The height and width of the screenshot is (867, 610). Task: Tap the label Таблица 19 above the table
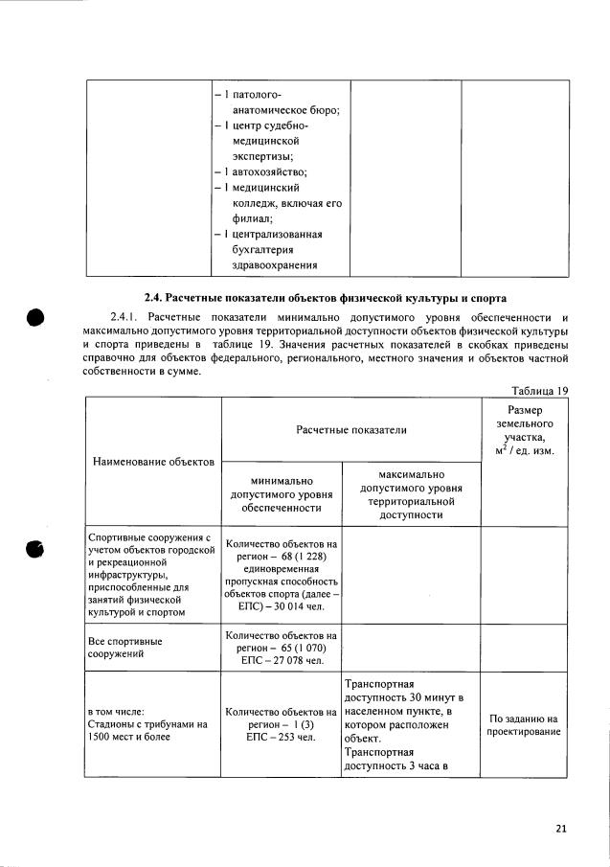click(x=540, y=390)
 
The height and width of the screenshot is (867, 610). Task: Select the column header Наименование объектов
click(x=153, y=462)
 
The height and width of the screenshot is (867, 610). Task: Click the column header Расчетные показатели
click(x=350, y=429)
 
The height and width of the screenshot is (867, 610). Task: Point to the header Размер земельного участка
click(x=524, y=430)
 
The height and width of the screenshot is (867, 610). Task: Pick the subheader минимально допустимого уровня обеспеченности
click(x=282, y=494)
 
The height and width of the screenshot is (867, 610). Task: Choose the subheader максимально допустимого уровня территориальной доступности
click(x=410, y=494)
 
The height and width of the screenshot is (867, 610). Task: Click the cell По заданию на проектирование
click(x=523, y=725)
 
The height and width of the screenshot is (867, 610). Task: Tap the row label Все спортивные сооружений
click(x=124, y=648)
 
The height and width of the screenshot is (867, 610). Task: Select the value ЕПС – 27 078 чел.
click(x=282, y=660)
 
